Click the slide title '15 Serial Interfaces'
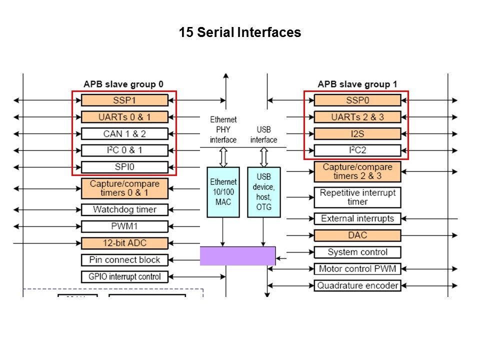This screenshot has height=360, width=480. [x=240, y=33]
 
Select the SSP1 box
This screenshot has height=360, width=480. [x=124, y=100]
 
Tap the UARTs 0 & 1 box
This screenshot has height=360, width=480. [x=124, y=117]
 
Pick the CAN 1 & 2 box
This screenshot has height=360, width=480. [x=124, y=133]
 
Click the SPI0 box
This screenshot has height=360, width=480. [x=124, y=167]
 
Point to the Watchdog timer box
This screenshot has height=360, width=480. [x=124, y=209]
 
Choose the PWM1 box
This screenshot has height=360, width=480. [x=124, y=226]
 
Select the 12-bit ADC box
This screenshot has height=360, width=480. [x=124, y=243]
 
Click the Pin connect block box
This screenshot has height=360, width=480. [x=124, y=260]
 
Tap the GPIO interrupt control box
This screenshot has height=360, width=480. [x=124, y=276]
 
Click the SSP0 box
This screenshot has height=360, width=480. [x=357, y=100]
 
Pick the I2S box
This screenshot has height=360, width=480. [x=357, y=133]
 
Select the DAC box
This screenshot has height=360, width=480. [x=357, y=235]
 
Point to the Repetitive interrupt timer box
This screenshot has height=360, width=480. [x=357, y=197]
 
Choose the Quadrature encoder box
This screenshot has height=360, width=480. [x=357, y=285]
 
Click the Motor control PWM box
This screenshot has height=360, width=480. [x=357, y=269]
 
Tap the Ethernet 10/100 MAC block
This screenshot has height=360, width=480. [x=223, y=191]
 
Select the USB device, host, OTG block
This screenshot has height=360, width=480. [x=263, y=191]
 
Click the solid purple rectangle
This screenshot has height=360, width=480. [x=237, y=255]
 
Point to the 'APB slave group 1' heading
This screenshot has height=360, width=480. [x=357, y=84]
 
